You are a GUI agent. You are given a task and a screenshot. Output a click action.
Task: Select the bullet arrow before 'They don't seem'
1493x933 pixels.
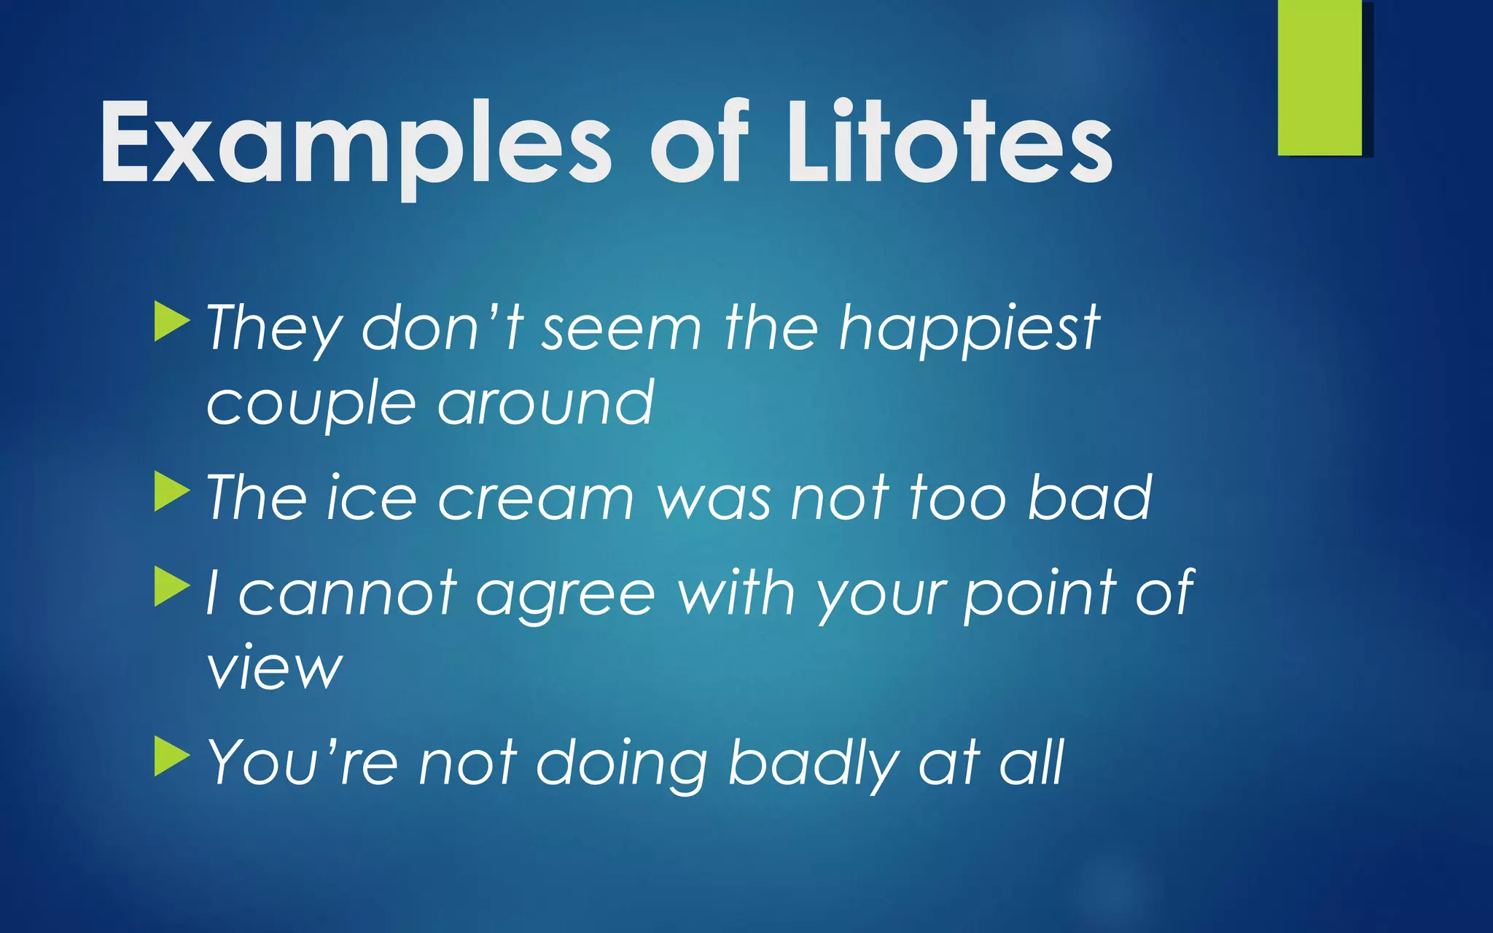(172, 323)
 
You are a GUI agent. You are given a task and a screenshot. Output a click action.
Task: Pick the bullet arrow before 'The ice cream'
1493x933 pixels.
(172, 492)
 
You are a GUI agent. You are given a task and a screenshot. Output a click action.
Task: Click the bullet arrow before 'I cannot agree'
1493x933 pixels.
(172, 587)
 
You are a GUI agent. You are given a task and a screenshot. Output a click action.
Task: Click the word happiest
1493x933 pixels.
(969, 329)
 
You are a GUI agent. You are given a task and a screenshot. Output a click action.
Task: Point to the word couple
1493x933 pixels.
(309, 405)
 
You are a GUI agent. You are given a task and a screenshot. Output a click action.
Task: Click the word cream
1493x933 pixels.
(536, 499)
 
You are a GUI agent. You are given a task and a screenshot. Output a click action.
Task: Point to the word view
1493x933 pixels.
(274, 668)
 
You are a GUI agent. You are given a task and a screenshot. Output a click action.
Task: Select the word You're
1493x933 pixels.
(303, 762)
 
